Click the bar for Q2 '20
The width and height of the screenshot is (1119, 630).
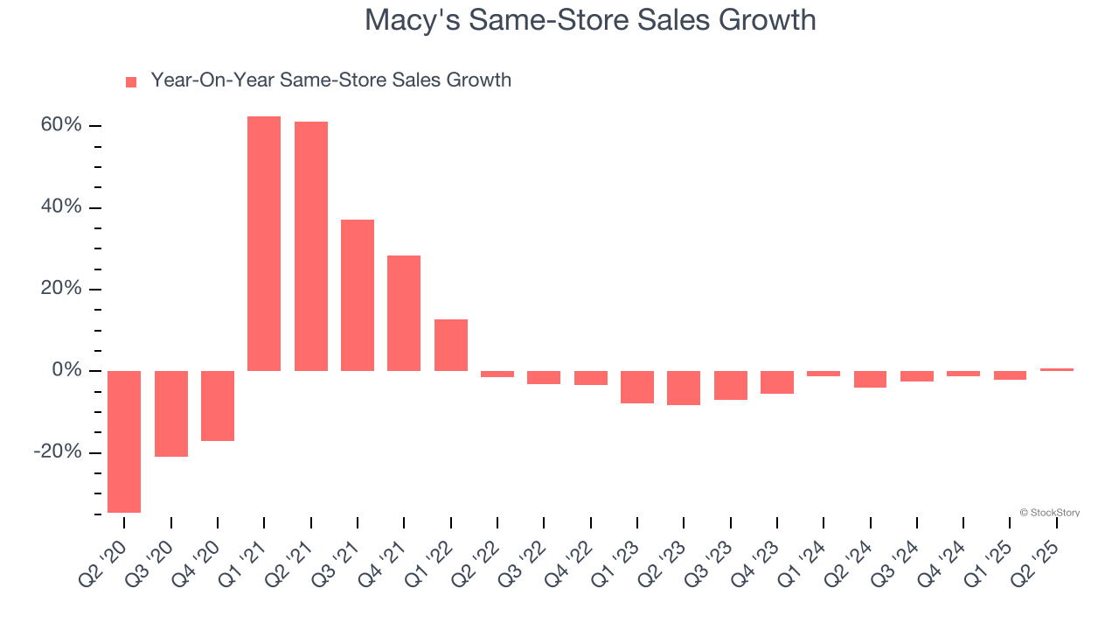click(124, 441)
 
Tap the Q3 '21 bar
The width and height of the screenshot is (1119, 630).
click(358, 295)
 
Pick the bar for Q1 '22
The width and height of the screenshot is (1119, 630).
click(451, 345)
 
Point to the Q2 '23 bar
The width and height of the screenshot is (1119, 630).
click(684, 388)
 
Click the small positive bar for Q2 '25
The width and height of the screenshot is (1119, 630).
click(1057, 369)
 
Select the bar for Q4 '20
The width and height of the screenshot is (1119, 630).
click(218, 405)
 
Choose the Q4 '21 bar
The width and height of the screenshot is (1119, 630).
click(404, 312)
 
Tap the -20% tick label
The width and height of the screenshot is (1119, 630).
click(58, 452)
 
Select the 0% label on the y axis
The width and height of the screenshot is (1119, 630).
click(66, 371)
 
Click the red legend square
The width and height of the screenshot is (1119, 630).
click(131, 82)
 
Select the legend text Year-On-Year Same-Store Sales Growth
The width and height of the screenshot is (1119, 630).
click(330, 80)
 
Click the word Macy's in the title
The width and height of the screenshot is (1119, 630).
click(408, 19)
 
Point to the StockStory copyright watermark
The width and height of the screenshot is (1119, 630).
click(1049, 513)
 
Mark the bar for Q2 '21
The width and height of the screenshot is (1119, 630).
click(311, 246)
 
